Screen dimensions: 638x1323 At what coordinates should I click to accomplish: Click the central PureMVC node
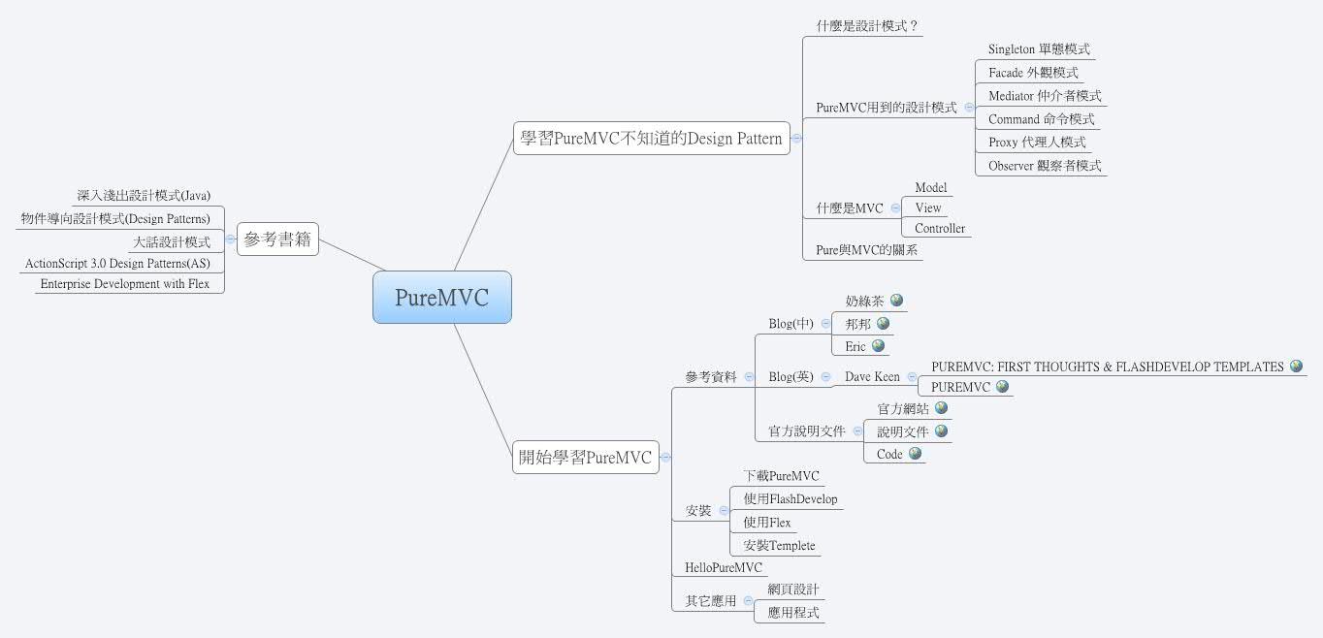(x=441, y=297)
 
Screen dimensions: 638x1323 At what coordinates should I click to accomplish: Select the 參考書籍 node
(x=277, y=239)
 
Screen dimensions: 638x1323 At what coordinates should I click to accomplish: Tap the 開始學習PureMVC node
(x=585, y=457)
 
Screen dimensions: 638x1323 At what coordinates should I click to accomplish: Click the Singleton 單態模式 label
(x=1039, y=49)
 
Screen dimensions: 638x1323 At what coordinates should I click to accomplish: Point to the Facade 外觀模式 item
(x=1033, y=73)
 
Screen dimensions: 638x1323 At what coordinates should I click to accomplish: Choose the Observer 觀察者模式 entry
(x=1045, y=166)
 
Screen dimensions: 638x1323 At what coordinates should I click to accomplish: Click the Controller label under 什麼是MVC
(x=940, y=229)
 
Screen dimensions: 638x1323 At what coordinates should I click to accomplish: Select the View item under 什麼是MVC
(x=928, y=207)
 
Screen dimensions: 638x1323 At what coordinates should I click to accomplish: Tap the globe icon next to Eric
(x=878, y=345)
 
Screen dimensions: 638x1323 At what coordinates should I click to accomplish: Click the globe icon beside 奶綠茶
(x=896, y=301)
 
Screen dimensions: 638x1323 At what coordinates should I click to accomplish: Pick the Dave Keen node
(x=872, y=376)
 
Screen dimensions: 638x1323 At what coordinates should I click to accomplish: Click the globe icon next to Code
(x=915, y=453)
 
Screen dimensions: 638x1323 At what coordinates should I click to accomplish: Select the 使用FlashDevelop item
(x=790, y=499)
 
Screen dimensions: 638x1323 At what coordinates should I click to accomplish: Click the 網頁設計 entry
(x=792, y=590)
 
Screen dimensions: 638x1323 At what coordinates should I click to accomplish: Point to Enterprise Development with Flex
(x=125, y=284)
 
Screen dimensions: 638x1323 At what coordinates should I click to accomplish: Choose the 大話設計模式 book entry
(x=171, y=242)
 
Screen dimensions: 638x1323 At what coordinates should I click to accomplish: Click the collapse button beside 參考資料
(x=749, y=377)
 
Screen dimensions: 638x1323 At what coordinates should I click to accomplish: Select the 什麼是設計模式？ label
(x=866, y=26)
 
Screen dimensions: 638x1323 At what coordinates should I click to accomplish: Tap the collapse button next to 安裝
(x=724, y=510)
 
